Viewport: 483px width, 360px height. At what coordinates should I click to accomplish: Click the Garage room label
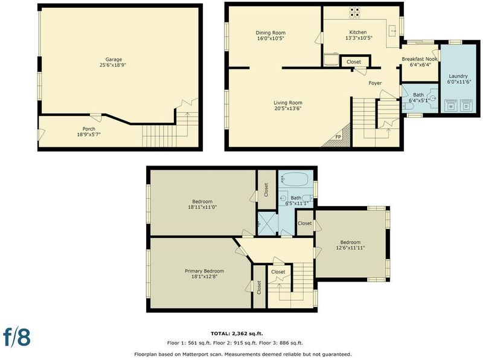click(114, 59)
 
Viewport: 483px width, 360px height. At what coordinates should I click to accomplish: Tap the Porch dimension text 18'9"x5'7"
click(89, 134)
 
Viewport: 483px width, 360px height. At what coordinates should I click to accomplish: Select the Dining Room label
click(270, 33)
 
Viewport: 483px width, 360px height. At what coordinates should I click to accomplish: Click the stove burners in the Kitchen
click(354, 12)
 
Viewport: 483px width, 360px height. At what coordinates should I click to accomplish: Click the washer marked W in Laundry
click(451, 106)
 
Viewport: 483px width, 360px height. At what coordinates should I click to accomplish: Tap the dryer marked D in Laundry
click(466, 106)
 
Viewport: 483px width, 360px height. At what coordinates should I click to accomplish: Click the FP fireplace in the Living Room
click(337, 136)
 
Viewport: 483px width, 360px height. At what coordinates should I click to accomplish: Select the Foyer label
click(375, 83)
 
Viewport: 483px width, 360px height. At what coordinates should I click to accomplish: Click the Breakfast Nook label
click(420, 59)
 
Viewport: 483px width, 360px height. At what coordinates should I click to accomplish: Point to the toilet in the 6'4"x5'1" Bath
click(408, 106)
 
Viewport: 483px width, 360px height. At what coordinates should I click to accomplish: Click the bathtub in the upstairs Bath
click(295, 179)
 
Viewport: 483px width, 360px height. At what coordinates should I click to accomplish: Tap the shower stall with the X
click(267, 223)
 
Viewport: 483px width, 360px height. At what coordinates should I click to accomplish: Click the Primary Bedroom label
click(204, 271)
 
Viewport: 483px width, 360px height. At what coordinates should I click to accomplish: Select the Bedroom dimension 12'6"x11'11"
click(350, 248)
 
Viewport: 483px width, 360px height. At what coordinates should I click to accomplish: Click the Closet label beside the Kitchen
click(354, 62)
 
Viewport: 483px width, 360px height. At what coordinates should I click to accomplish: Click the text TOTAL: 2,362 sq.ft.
click(237, 333)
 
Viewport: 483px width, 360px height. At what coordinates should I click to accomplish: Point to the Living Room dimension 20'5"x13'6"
click(288, 108)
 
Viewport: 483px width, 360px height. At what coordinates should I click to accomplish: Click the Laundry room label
click(458, 76)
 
